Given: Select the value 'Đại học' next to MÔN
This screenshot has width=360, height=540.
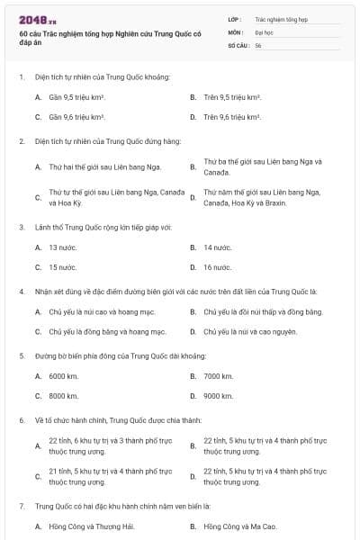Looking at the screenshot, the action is (265, 31).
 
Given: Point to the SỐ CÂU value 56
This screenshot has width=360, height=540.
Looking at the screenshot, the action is (258, 45).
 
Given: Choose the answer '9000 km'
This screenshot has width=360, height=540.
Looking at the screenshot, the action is (219, 396).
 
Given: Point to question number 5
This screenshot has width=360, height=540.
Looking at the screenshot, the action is (22, 355).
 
